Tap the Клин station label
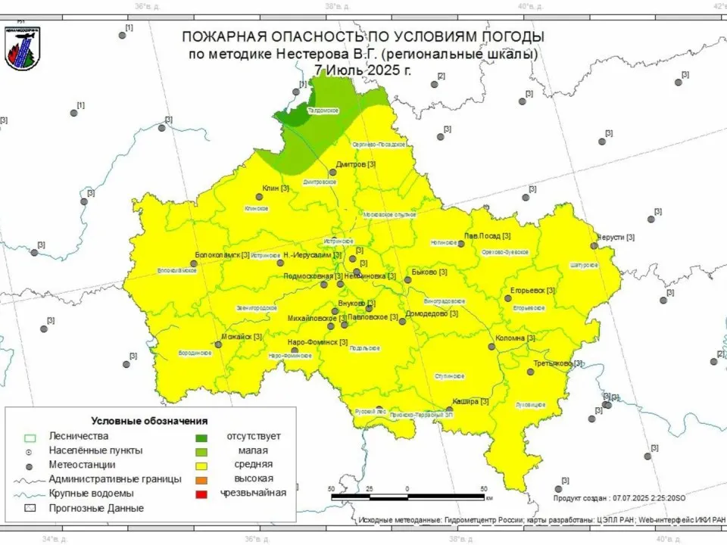[275, 188]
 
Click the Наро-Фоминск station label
[317, 343]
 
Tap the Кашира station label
[470, 401]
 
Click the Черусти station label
[615, 237]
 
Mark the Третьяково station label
[558, 363]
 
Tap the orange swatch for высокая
[201, 479]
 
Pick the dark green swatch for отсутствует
[201, 437]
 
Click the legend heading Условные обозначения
[149, 420]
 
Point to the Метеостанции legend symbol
[30, 465]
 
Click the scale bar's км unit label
[490, 499]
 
